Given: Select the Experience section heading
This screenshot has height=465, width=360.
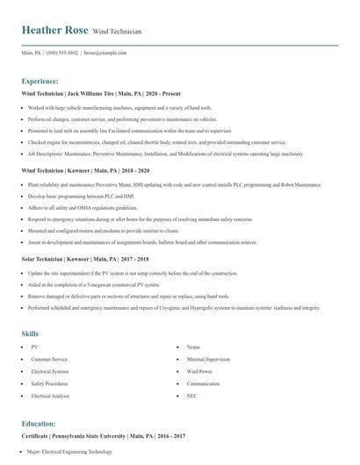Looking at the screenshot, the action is (46, 80).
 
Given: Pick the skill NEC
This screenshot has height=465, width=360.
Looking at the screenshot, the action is (191, 397).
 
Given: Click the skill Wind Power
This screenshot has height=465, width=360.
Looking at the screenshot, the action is (199, 372).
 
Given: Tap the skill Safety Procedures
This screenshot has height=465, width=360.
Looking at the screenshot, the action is (50, 384).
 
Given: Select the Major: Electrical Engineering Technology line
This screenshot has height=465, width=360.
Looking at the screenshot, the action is (69, 452).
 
